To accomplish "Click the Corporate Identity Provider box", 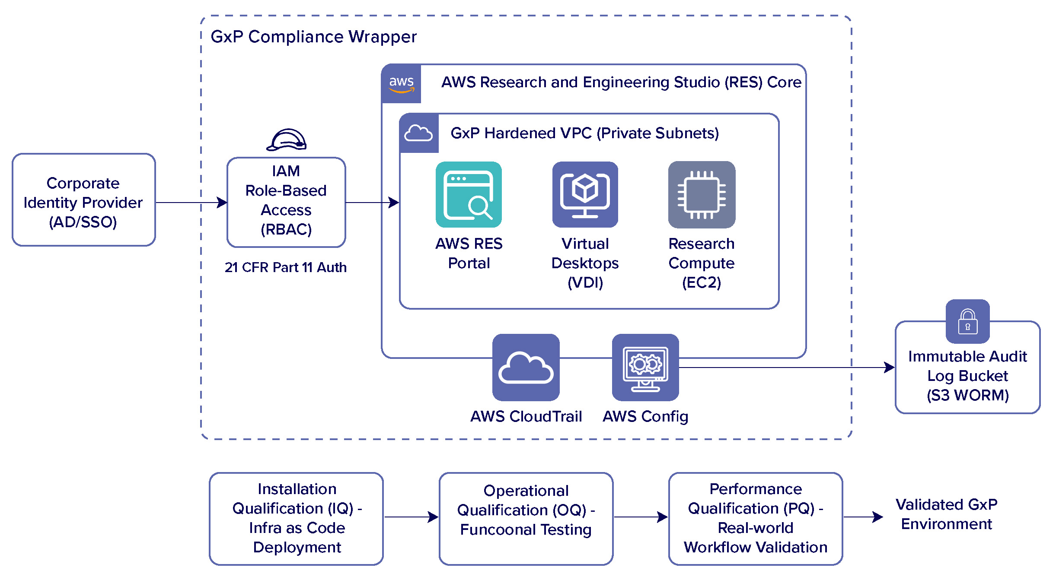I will tap(83, 200).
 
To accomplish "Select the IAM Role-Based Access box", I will tap(286, 202).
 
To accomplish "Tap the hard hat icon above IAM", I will tap(287, 140).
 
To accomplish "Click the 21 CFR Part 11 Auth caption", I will tap(286, 267).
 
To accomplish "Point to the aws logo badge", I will tap(401, 84).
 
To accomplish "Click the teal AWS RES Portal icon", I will tap(469, 195).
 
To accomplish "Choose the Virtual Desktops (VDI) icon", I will tap(585, 195).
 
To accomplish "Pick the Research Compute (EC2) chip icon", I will tap(702, 195).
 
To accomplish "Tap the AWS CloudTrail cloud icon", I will tap(526, 368).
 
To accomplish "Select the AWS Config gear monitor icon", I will tap(645, 368).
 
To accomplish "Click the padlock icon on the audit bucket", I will tap(967, 322).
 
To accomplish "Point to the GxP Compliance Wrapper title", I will tap(313, 37).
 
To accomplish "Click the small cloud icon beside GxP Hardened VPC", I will tap(418, 133).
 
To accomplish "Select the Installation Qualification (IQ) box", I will tap(297, 518).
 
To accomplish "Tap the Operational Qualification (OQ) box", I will tap(526, 518).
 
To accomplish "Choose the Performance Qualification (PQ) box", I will tap(756, 518).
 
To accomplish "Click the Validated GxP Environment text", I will tap(946, 514).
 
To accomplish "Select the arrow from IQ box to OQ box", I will tap(411, 517).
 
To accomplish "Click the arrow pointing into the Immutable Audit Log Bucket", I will tap(787, 368).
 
